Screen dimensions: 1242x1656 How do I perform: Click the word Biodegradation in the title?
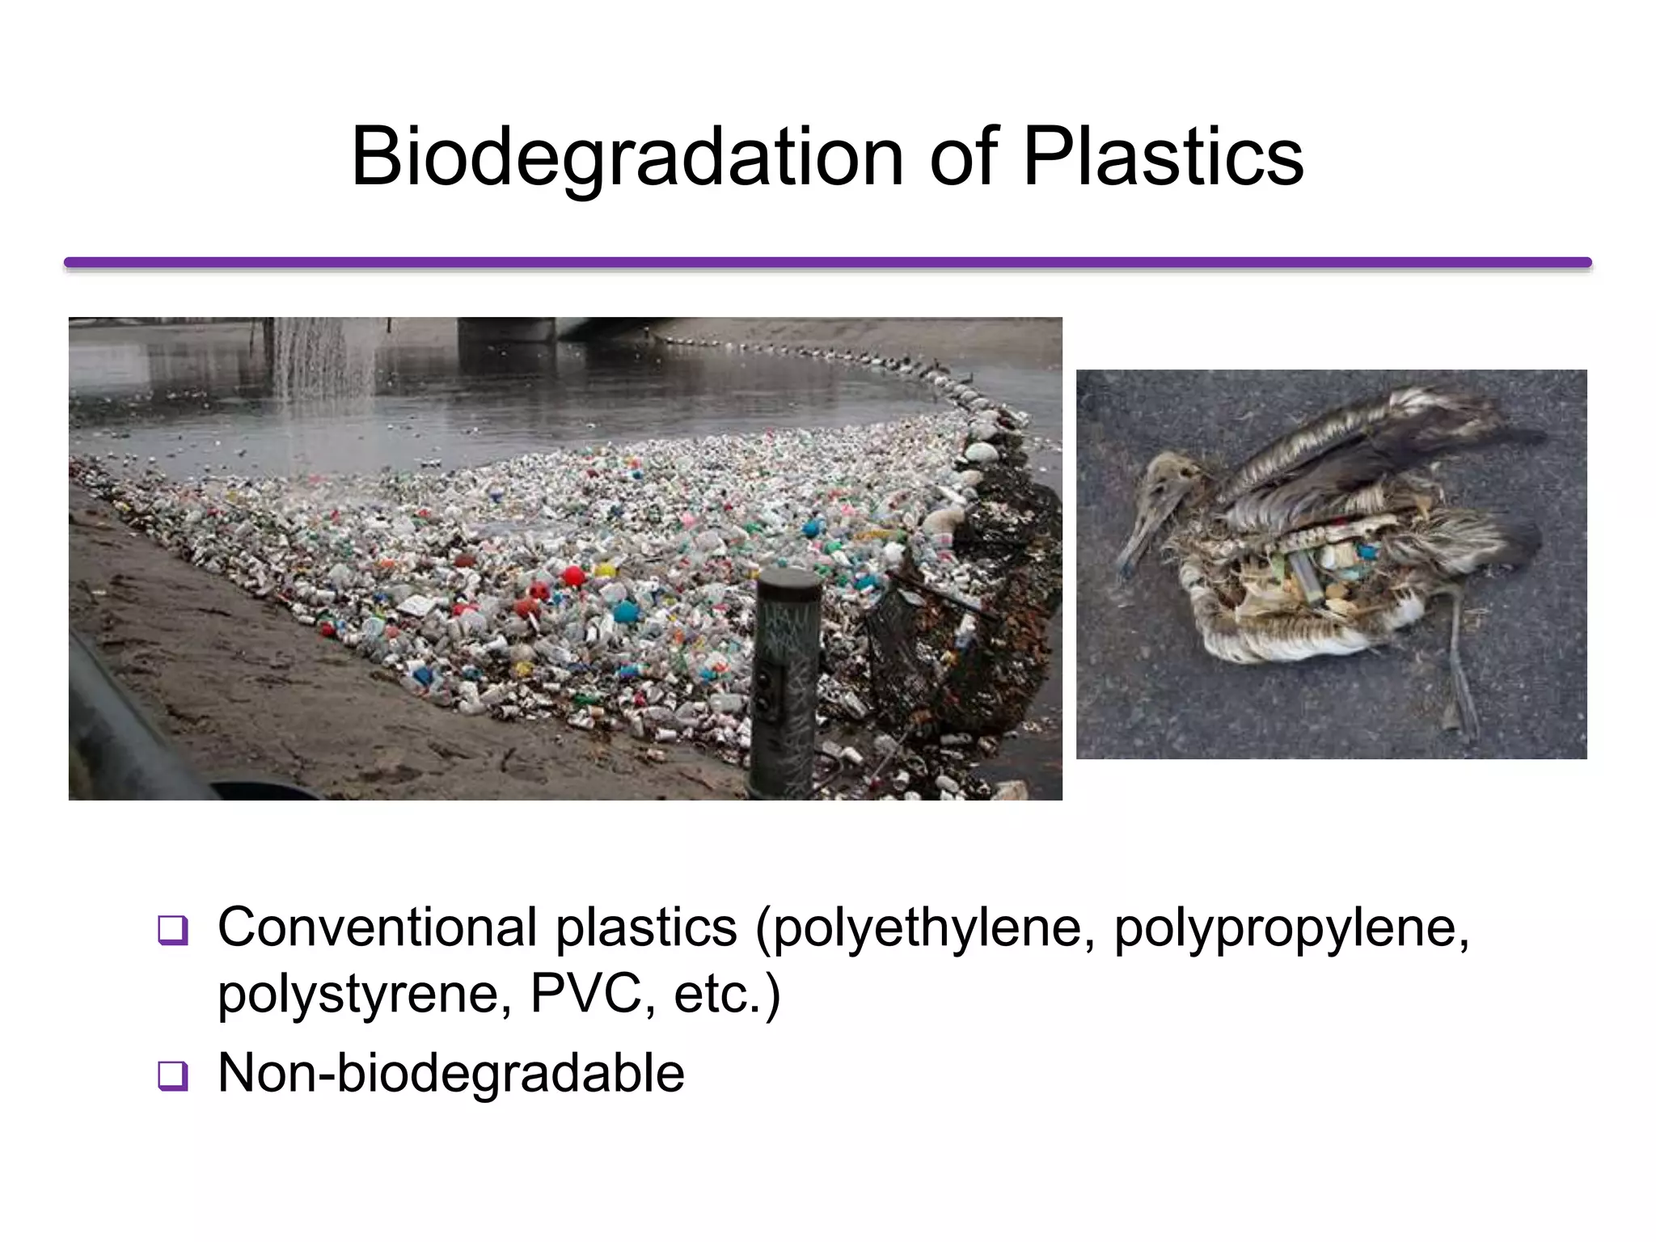[627, 157]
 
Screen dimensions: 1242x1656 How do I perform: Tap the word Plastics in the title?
[1163, 157]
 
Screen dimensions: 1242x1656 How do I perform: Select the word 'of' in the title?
[964, 157]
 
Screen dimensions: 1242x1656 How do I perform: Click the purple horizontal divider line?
[827, 262]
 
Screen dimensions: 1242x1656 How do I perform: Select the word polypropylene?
[1291, 928]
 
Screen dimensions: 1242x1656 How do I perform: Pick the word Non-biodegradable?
[451, 1073]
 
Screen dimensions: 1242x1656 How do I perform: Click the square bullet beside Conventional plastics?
[173, 930]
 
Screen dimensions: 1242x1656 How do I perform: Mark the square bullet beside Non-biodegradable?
[173, 1076]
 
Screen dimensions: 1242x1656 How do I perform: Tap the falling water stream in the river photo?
[319, 360]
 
